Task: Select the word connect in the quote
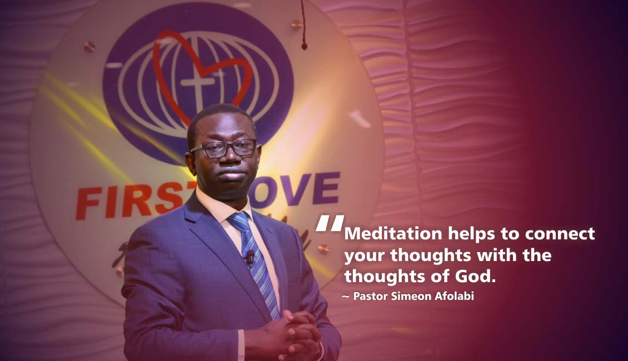[x=560, y=234]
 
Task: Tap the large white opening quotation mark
[x=330, y=223]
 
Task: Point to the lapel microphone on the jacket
[x=250, y=257]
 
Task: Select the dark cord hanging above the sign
[x=303, y=24]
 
